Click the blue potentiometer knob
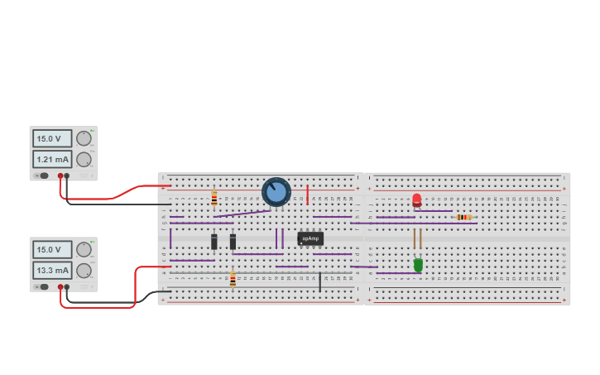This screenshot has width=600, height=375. [x=276, y=192]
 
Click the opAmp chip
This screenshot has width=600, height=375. [x=310, y=238]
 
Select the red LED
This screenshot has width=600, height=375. [x=416, y=200]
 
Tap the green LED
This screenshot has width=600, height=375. [x=418, y=265]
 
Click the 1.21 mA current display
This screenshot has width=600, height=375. [x=52, y=159]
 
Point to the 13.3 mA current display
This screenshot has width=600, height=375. [x=52, y=270]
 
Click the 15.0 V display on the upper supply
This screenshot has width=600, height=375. [x=52, y=138]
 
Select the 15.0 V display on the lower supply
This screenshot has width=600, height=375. [x=52, y=249]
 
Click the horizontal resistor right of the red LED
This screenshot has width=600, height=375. [x=463, y=217]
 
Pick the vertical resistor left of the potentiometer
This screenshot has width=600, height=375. [x=214, y=199]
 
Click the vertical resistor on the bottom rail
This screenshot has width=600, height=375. [x=233, y=280]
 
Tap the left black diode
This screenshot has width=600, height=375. [x=214, y=241]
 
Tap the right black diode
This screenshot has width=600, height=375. [x=233, y=241]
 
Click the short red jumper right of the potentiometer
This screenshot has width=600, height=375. [x=307, y=195]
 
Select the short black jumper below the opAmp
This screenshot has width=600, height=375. [x=320, y=281]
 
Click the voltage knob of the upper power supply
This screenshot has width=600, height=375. [x=84, y=138]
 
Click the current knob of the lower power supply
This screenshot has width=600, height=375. [x=84, y=271]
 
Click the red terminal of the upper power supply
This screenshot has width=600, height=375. [x=60, y=176]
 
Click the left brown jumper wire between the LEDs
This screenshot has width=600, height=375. [x=414, y=239]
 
